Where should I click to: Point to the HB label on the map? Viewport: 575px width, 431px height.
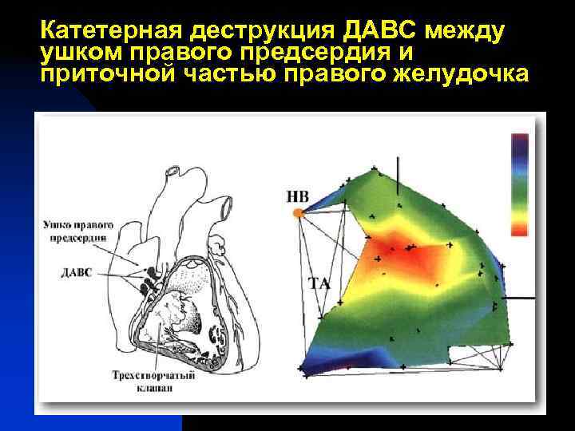pyautogui.click(x=296, y=196)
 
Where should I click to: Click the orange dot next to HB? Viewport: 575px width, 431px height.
pyautogui.click(x=298, y=212)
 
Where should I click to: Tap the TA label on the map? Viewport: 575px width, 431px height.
pyautogui.click(x=319, y=283)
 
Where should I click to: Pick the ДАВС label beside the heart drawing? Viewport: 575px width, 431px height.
pyautogui.click(x=77, y=272)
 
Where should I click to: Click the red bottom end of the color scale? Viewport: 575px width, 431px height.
pyautogui.click(x=519, y=229)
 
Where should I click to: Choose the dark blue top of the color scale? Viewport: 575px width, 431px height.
pyautogui.click(x=519, y=141)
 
